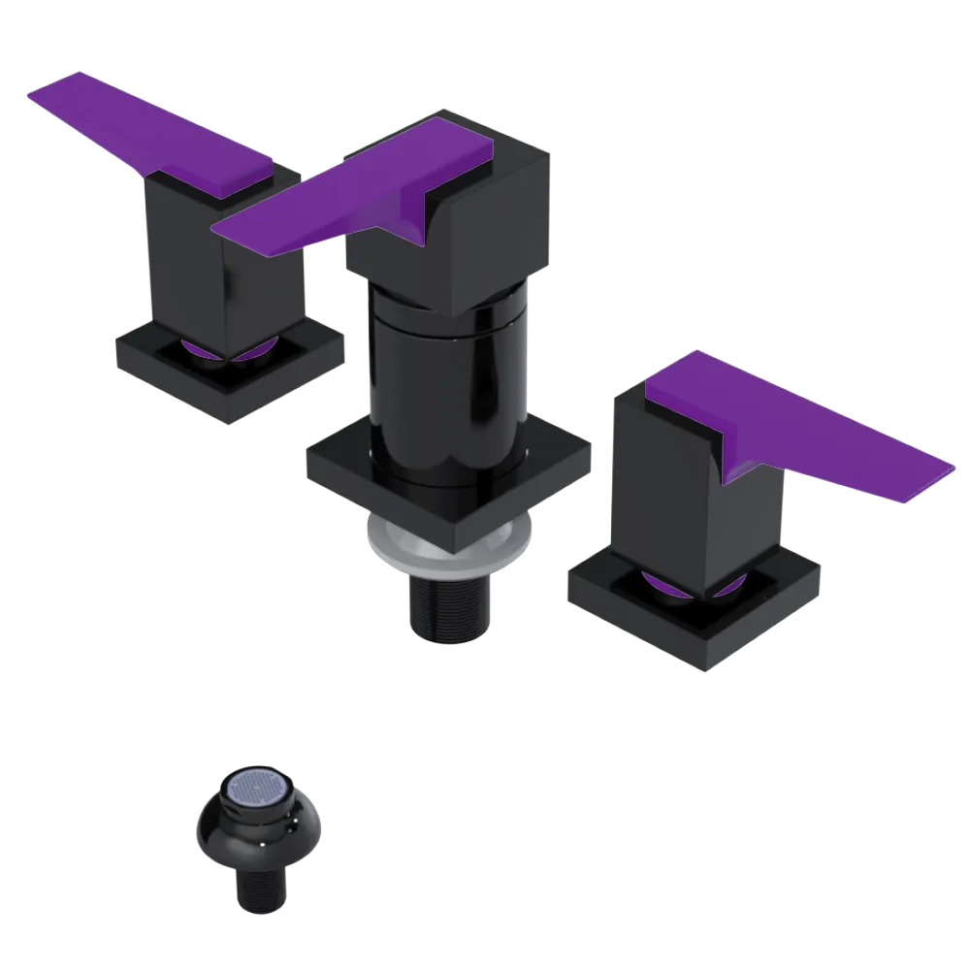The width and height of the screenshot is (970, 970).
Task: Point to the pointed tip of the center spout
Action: [x=218, y=231]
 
